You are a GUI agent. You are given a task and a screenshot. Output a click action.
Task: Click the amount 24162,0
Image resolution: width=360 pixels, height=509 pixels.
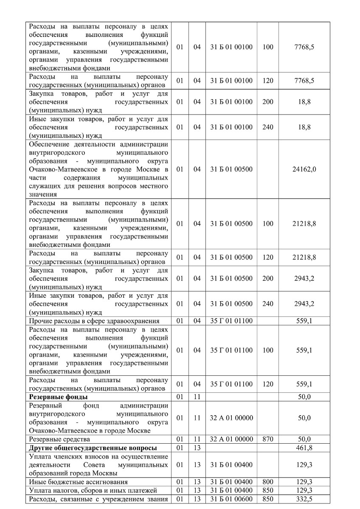pyautogui.click(x=304, y=169)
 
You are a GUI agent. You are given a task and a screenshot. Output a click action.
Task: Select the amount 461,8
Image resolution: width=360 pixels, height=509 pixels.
pyautogui.click(x=304, y=448)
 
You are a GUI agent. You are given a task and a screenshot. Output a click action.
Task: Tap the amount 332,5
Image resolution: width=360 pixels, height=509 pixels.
pyautogui.click(x=304, y=498)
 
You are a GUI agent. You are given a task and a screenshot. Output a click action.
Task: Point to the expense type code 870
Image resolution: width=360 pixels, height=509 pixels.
pyautogui.click(x=268, y=439)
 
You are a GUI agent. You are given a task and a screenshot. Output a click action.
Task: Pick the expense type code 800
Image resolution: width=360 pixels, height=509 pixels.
pyautogui.click(x=268, y=482)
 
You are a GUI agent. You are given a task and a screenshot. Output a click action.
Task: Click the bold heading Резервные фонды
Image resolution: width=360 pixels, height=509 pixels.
pyautogui.click(x=58, y=397)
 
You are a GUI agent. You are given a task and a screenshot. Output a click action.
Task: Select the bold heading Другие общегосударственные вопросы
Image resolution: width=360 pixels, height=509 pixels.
pyautogui.click(x=93, y=448)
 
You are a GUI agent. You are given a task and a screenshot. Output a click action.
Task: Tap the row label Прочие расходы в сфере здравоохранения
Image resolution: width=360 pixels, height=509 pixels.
pyautogui.click(x=94, y=321)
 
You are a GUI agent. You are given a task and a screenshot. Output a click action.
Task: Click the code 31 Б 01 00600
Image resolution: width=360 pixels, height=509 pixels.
pyautogui.click(x=231, y=498)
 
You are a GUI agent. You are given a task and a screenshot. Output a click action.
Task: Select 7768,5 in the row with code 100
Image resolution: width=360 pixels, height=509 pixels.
pyautogui.click(x=304, y=47)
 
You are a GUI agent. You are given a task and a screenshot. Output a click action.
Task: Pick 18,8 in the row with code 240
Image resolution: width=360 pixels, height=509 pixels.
pyautogui.click(x=304, y=127)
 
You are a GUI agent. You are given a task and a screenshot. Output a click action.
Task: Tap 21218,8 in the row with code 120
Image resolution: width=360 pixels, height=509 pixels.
pyautogui.click(x=304, y=257)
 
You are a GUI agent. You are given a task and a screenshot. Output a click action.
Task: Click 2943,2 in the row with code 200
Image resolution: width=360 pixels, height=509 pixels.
pyautogui.click(x=304, y=279)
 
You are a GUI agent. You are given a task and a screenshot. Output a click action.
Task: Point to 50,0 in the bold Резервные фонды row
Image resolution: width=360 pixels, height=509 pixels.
pyautogui.click(x=304, y=397)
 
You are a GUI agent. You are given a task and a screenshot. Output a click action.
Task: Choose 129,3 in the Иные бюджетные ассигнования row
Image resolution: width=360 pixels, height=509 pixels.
pyautogui.click(x=304, y=482)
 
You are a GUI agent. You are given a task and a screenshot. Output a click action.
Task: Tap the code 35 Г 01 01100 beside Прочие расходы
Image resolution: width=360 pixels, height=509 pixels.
pyautogui.click(x=231, y=321)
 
